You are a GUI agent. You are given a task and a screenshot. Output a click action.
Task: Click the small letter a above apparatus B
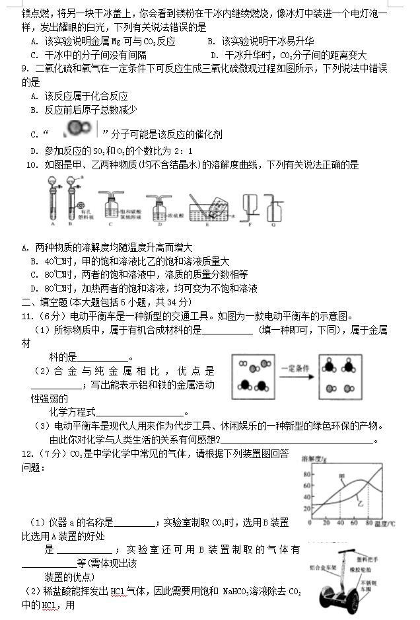pos(81,178)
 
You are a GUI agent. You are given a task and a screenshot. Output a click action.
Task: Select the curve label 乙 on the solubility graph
pos(361,504)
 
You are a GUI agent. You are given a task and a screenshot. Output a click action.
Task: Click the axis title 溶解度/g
pos(315,458)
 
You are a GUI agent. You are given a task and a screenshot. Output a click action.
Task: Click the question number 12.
pos(27,454)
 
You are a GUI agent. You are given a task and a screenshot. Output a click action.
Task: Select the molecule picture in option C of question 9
pos(80,128)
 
